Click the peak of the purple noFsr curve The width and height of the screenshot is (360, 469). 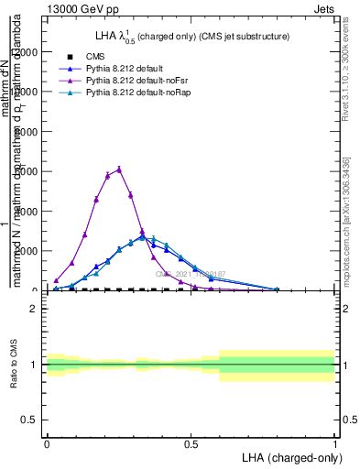pos(119,169)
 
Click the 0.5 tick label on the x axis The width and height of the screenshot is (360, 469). pos(191,443)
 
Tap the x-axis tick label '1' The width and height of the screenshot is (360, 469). pos(335,443)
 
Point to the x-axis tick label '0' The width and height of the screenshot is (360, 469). pos(47,443)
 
